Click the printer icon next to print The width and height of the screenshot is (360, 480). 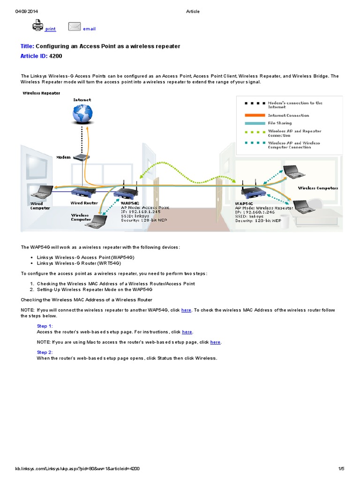point(38,25)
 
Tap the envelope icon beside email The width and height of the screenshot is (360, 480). point(75,26)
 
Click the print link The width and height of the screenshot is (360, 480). point(50,29)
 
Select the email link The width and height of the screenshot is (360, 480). point(89,29)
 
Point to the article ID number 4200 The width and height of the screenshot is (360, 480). point(55,56)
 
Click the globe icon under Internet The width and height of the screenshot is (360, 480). point(82,114)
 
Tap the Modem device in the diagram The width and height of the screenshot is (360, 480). point(82,158)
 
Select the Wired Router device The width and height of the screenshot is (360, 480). point(83,191)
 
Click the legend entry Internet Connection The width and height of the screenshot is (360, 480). point(288,115)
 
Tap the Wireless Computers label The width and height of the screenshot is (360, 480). point(318,188)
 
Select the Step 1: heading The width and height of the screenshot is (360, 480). point(45,326)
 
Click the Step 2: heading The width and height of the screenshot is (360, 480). point(45,352)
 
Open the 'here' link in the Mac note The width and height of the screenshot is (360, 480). point(215,342)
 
